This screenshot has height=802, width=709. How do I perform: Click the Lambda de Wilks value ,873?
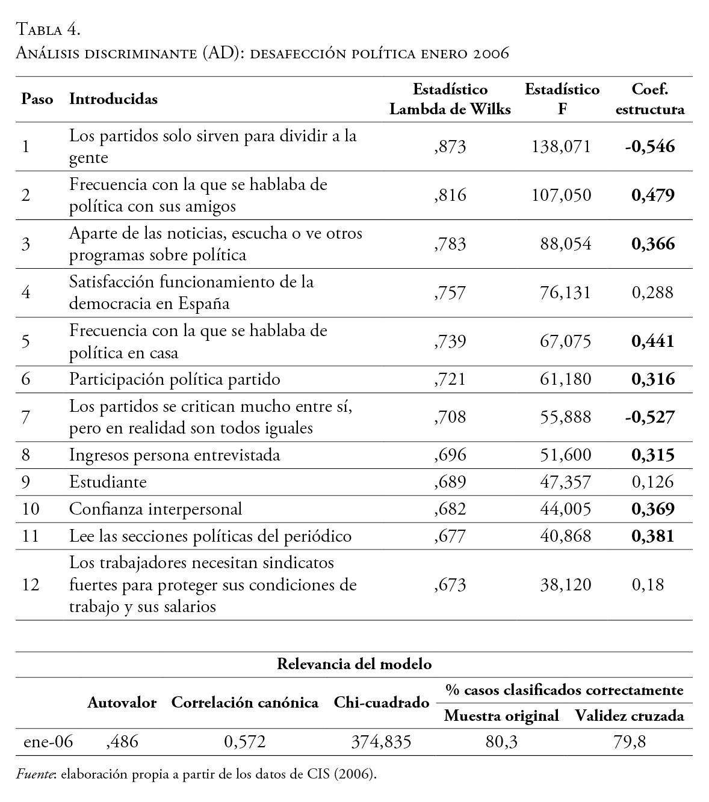pos(450,147)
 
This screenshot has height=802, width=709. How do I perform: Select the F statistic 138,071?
pos(562,147)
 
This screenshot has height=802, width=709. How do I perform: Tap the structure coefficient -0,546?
pos(649,147)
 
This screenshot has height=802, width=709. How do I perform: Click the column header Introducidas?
pos(114,99)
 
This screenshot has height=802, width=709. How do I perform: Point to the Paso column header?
pos(37,99)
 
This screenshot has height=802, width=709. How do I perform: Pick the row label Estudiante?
pos(108,482)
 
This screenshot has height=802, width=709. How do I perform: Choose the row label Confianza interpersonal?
pos(155,509)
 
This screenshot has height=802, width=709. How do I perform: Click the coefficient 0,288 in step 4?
pos(652,293)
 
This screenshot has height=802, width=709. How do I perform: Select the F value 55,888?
pos(566,417)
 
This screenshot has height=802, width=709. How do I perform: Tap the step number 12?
pos(30,585)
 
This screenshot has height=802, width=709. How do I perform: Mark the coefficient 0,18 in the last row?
pos(648,585)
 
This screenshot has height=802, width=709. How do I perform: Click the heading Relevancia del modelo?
pos(354,664)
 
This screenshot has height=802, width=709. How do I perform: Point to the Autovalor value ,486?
pos(122,742)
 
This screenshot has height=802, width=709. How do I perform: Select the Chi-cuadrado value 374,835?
pos(381,742)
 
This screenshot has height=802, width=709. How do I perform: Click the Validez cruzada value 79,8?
pos(629,742)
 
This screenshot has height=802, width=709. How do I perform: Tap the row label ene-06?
pos(48,742)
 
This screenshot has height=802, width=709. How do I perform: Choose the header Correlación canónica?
pos(245,703)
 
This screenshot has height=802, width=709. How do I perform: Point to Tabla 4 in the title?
pos(48,29)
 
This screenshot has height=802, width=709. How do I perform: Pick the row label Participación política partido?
pos(175,379)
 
